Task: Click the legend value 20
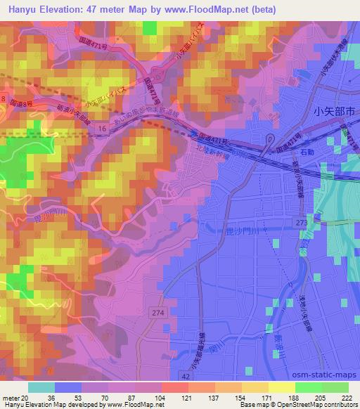pos(25,397)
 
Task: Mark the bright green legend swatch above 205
pos(307,387)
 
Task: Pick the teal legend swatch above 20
pos(41,387)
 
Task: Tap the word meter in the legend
pos(11,397)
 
